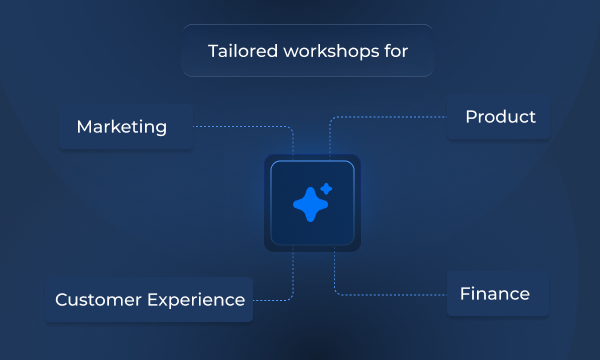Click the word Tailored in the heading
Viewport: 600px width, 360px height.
click(240, 51)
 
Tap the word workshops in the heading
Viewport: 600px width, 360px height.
click(329, 51)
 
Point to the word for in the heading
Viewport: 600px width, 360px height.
click(394, 51)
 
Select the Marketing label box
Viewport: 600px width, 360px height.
click(125, 127)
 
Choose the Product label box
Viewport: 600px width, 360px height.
click(500, 117)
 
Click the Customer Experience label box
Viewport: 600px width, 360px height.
click(150, 300)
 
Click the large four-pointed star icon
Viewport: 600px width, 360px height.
click(310, 204)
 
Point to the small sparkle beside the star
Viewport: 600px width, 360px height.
click(326, 188)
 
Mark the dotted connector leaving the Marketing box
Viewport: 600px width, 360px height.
click(240, 127)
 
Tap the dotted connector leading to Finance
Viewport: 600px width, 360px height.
click(390, 294)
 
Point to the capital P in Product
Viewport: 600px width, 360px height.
click(471, 117)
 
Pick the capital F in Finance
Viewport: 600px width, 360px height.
click(465, 294)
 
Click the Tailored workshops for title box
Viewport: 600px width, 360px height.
click(307, 51)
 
